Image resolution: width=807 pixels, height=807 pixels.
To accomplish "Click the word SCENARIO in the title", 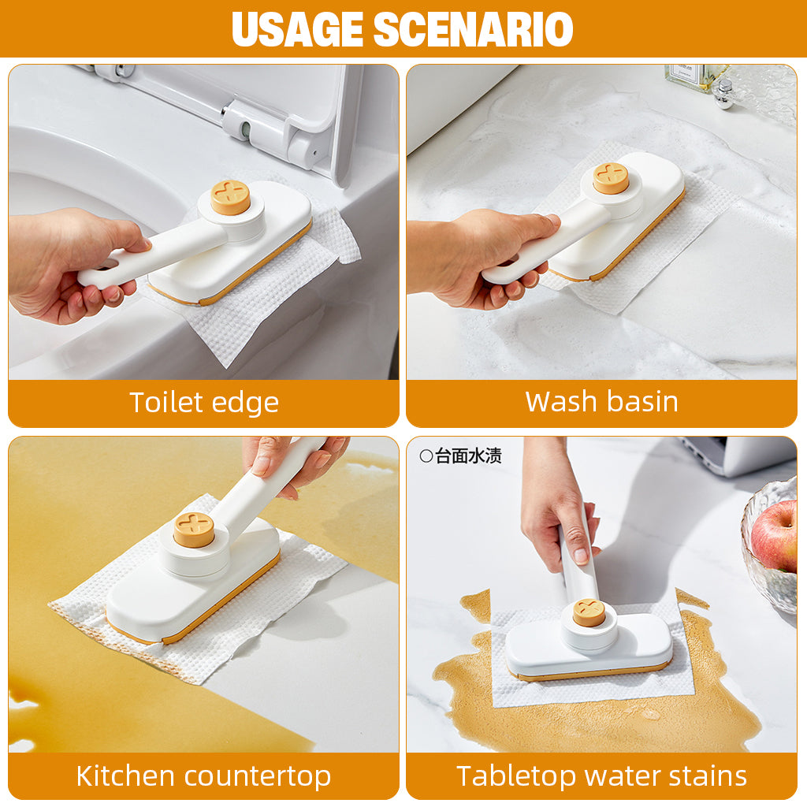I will point(472,29).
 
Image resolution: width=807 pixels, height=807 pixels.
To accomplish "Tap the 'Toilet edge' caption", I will point(204,403).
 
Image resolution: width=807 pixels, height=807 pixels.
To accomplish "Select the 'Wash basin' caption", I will point(601,401).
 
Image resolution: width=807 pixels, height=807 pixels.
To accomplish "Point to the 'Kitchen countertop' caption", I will point(203,775).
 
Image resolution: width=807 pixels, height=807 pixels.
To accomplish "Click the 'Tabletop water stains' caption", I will point(601,775).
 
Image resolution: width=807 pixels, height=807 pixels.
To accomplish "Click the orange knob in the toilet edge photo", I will point(230,198).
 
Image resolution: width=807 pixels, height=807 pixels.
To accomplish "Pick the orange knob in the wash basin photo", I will point(611,178).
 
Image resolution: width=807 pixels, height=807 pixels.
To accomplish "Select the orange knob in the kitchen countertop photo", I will point(194,530).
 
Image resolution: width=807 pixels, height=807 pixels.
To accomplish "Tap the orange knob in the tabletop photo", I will point(589,612).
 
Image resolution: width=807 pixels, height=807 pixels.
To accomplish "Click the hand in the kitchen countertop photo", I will point(292,461).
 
